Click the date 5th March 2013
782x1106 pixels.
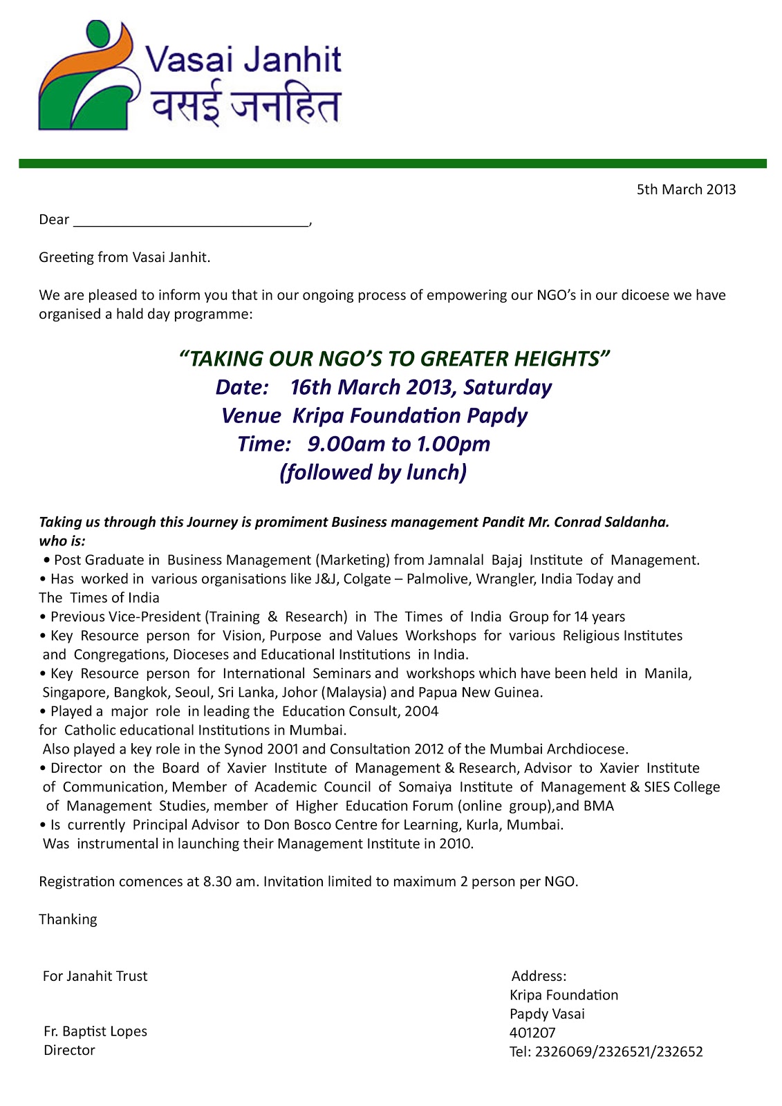(686, 189)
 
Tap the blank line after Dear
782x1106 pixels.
(191, 221)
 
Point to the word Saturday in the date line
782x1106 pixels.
(508, 387)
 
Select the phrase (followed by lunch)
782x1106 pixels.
(373, 472)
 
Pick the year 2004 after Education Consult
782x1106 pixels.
(421, 711)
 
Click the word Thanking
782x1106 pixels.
(68, 919)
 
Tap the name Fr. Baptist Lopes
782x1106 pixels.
(95, 1031)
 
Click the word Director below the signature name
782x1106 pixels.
(69, 1051)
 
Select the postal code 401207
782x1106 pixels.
(532, 1033)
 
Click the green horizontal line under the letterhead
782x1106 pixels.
(392, 164)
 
